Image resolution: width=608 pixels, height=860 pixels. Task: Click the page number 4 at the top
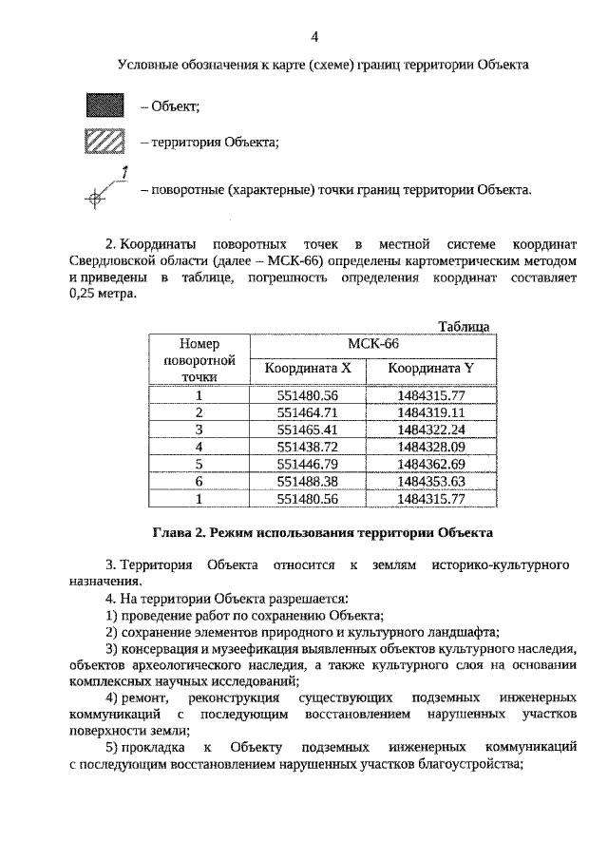pyautogui.click(x=314, y=37)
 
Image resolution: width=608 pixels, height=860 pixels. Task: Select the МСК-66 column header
pyautogui.click(x=372, y=344)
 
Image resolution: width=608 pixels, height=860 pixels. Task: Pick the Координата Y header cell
pyautogui.click(x=431, y=368)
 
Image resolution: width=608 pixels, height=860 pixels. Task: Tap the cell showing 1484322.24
pyautogui.click(x=431, y=429)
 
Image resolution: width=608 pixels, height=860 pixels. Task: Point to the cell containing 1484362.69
pyautogui.click(x=431, y=463)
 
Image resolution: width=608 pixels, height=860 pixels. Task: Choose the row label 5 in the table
pyautogui.click(x=199, y=463)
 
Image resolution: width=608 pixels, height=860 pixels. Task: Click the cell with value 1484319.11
pyautogui.click(x=431, y=412)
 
